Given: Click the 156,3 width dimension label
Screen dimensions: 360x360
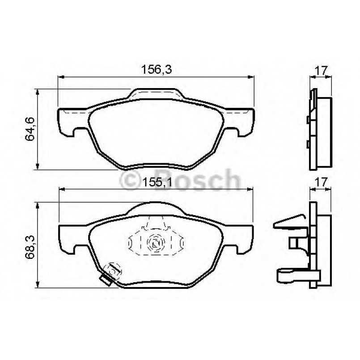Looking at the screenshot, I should point(157,69).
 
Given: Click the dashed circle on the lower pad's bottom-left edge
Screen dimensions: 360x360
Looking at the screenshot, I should point(111,270).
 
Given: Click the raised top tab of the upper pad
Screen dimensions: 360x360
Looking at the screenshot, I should point(157,93).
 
